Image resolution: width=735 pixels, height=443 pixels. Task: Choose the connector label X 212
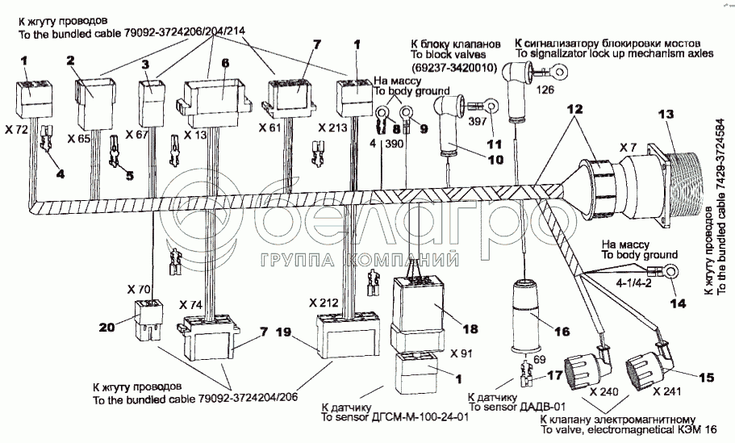coord(324,303)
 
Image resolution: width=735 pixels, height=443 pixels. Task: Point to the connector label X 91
coord(463,353)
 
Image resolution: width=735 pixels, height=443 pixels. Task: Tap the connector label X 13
coord(196,129)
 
